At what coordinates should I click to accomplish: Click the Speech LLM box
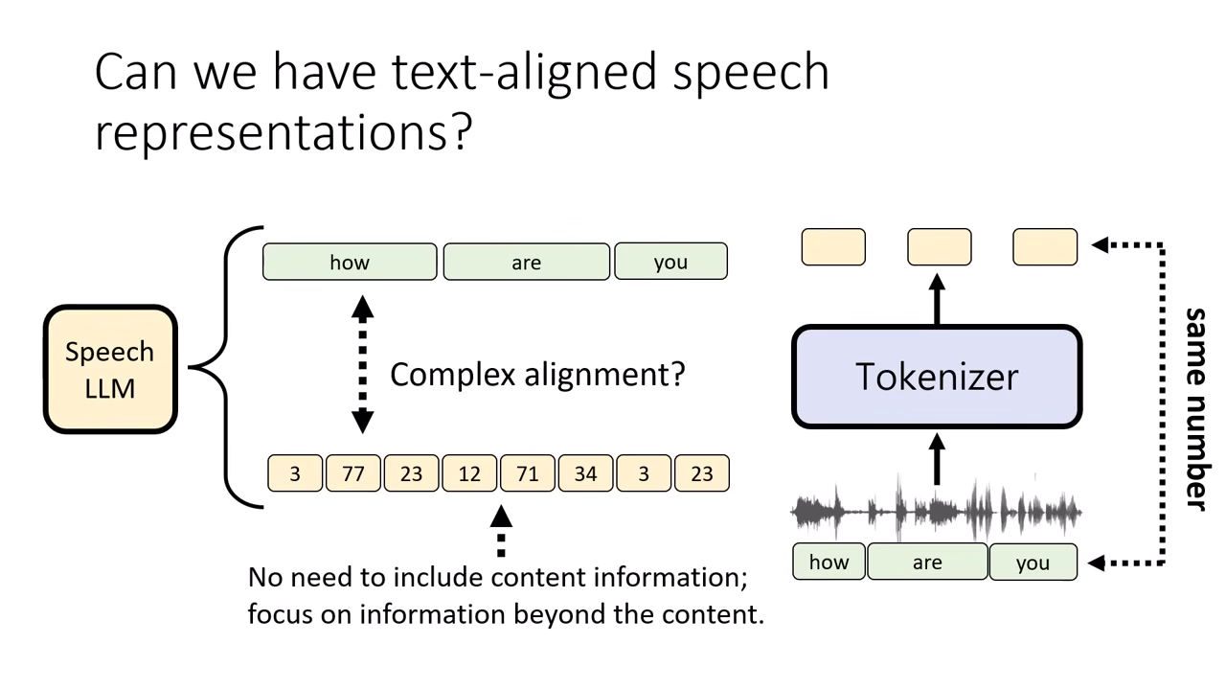tap(110, 369)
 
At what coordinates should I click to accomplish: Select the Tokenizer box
tap(937, 377)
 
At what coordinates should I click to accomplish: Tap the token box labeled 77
tap(353, 473)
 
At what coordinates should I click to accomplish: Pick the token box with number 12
tap(469, 473)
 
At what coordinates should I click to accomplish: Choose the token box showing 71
tap(528, 473)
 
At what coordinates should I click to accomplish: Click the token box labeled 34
tap(585, 473)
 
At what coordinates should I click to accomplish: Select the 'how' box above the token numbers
tap(350, 262)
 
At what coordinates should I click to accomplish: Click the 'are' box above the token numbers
tap(526, 262)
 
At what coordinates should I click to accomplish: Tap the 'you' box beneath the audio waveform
tap(1033, 563)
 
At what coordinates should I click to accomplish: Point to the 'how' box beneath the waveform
tap(829, 562)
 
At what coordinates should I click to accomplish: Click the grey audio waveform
tap(936, 511)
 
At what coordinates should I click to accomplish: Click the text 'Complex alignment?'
tap(537, 373)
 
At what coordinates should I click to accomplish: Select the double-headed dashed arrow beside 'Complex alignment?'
tap(362, 365)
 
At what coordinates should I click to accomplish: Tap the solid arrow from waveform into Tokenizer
tap(937, 460)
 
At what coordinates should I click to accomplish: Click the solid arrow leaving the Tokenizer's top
tap(937, 298)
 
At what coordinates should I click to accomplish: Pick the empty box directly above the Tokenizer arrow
tap(939, 246)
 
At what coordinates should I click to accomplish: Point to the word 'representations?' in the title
tap(284, 131)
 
